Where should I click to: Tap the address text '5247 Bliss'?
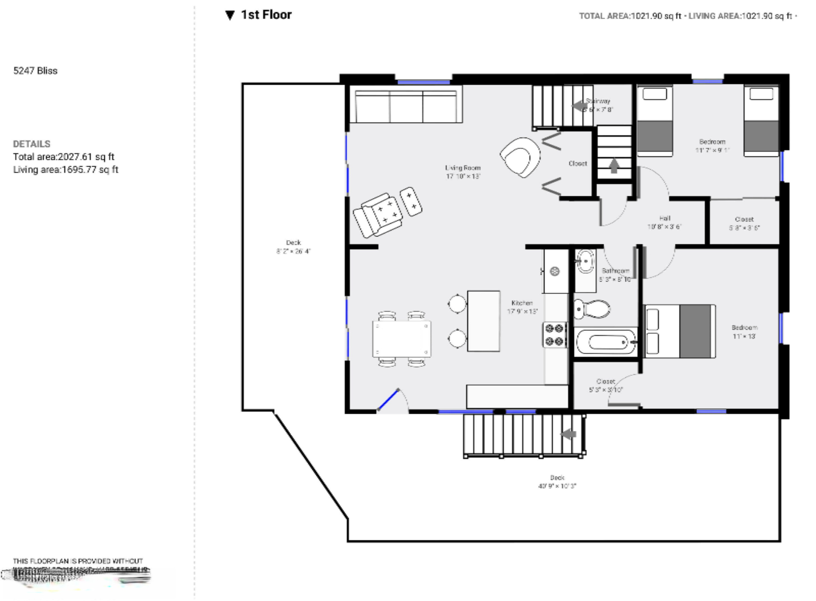35,71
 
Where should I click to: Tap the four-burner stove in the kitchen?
555,335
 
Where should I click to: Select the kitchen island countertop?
483,321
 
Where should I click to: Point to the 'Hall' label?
664,218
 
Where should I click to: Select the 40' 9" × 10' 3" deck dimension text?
557,486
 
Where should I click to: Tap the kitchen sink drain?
555,271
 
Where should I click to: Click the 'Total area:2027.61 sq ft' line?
64,157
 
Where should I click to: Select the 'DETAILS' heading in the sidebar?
32,144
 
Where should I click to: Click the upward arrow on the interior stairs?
614,165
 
